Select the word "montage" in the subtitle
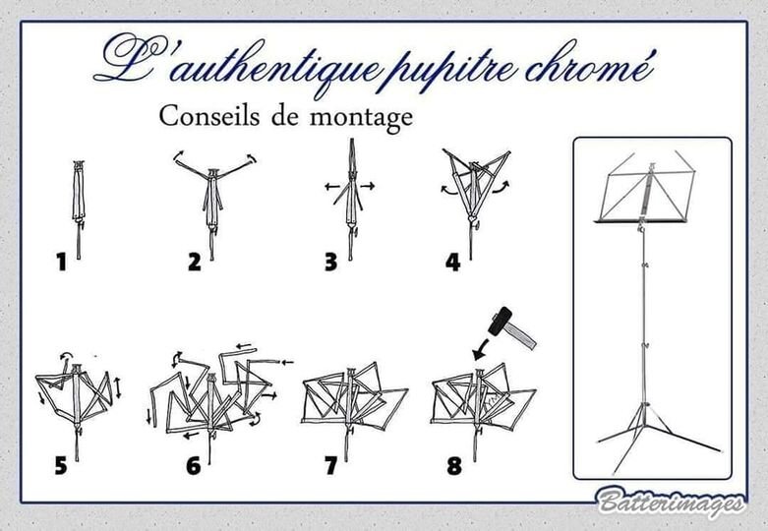click(361, 119)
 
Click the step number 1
click(61, 262)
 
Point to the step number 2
click(195, 262)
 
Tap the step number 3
click(331, 262)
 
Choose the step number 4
click(453, 263)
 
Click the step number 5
click(61, 465)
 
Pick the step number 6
click(194, 465)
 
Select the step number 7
click(331, 465)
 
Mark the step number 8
click(454, 465)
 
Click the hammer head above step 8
click(501, 321)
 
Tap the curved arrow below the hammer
click(480, 348)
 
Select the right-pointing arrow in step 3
click(368, 186)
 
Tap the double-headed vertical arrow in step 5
click(118, 388)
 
